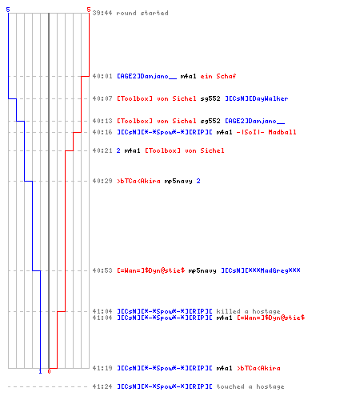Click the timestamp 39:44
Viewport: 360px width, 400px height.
102,13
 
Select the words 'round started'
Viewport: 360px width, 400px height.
142,13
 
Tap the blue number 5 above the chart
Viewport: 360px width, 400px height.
8,10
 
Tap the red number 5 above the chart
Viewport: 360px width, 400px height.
89,10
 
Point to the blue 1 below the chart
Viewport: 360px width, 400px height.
40,371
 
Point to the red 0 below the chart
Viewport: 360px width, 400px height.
49,371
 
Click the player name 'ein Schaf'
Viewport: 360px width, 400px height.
218,76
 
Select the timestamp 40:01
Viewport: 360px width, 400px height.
102,76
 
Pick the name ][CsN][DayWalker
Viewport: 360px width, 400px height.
257,98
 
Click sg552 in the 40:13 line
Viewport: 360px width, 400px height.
210,121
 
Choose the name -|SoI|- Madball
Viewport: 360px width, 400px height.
266,132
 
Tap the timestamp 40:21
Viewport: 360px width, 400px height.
102,150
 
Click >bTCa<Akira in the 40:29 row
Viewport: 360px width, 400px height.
138,181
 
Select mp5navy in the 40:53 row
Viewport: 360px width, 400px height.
202,270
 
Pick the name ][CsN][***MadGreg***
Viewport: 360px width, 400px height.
261,270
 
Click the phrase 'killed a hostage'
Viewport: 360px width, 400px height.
248,311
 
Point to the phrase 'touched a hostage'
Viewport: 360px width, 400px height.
250,386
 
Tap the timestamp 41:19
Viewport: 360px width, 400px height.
102,368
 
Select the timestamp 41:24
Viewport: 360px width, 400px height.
102,386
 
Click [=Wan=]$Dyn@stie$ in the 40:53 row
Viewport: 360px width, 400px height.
151,270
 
